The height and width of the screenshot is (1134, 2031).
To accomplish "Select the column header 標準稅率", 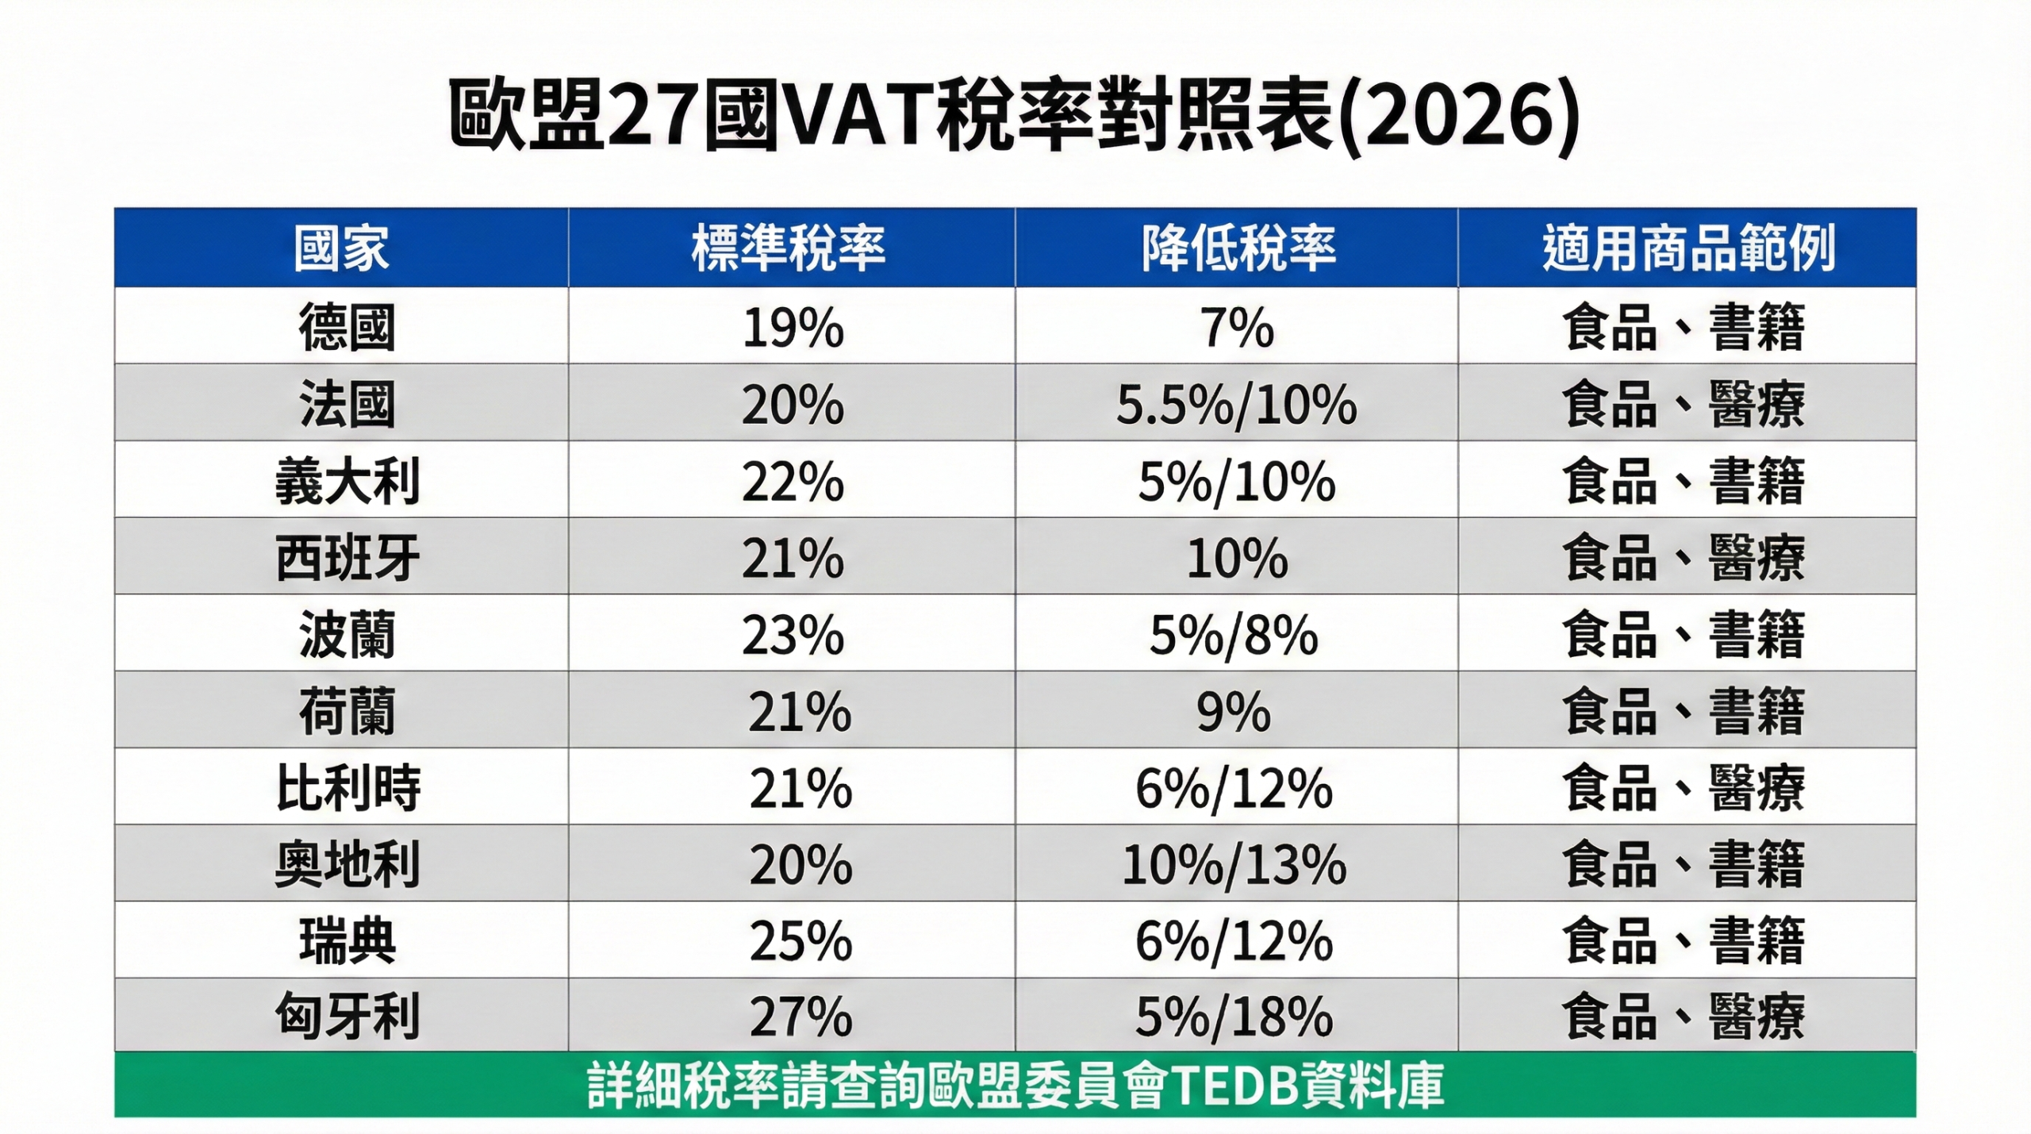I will (789, 248).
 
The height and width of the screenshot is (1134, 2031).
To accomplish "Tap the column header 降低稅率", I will (1238, 248).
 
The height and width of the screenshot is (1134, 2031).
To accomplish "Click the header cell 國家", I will (341, 248).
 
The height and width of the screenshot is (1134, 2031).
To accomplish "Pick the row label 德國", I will (347, 327).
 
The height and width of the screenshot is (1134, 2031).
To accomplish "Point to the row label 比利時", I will (347, 788).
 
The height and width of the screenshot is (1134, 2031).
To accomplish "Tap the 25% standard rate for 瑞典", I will (800, 941).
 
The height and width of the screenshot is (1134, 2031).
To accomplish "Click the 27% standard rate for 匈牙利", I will (800, 1017).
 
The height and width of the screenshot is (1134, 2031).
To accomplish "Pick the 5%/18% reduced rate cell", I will (1234, 1017).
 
